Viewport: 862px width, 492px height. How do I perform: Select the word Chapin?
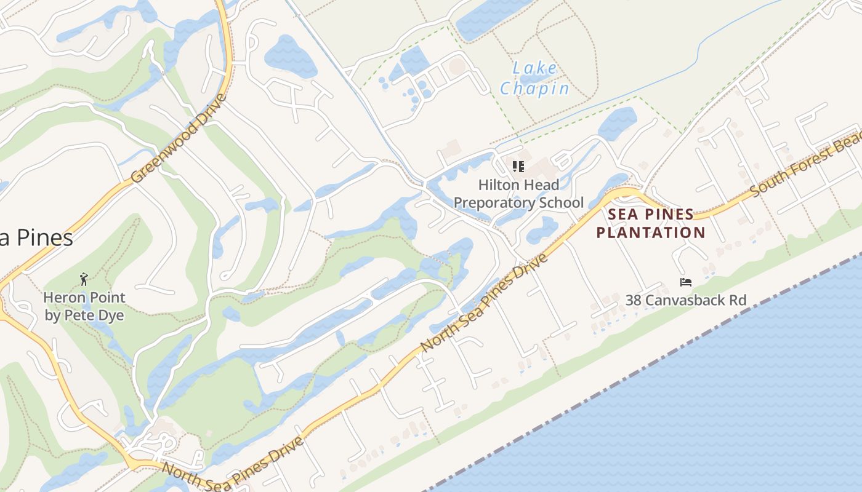pos(534,89)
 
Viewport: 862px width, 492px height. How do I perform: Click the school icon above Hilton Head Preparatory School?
pos(518,166)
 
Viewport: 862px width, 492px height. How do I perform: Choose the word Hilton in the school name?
pos(497,184)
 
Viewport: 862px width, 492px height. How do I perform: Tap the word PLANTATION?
pos(651,232)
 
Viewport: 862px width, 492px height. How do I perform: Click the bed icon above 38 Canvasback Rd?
pos(686,282)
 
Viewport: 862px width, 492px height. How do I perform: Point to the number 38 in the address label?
pos(634,300)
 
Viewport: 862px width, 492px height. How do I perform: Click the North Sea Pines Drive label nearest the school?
pos(485,304)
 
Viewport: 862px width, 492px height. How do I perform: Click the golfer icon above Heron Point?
pos(84,280)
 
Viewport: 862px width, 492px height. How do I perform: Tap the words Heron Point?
pos(84,298)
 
